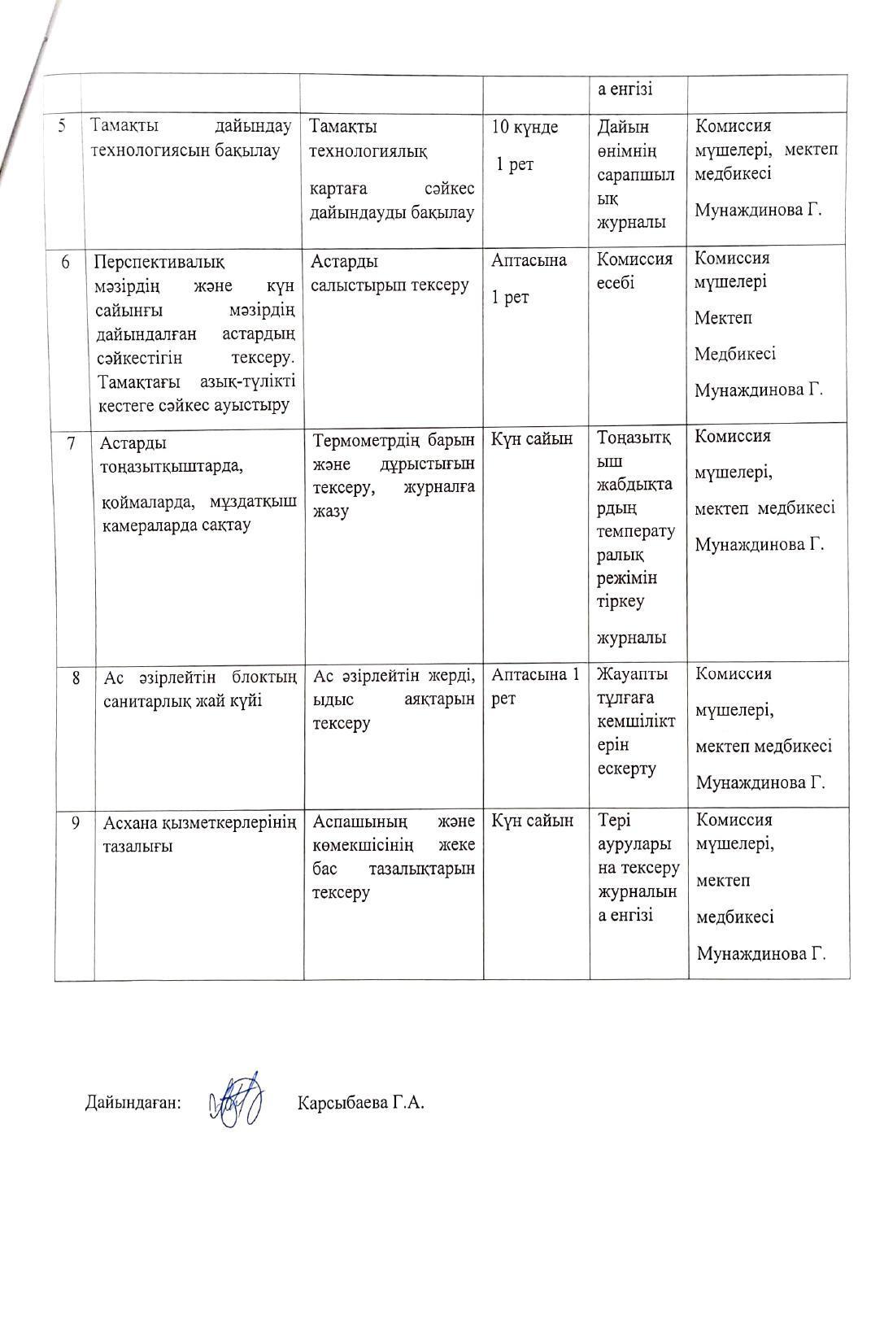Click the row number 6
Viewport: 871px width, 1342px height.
click(67, 261)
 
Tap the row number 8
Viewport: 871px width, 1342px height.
click(75, 676)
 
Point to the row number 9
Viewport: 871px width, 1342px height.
click(75, 822)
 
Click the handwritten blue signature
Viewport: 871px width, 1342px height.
click(236, 1100)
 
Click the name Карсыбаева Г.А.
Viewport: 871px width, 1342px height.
click(361, 1103)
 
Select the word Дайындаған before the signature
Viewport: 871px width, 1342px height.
click(133, 1103)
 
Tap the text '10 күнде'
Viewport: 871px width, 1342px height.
click(525, 127)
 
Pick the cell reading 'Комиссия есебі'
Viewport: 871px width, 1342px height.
click(634, 271)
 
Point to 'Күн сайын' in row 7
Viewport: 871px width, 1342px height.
click(532, 439)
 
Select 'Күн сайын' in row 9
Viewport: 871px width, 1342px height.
click(532, 821)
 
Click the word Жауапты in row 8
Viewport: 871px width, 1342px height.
click(633, 674)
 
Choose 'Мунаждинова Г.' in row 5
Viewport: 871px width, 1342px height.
click(758, 210)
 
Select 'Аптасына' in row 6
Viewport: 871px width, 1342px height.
click(529, 260)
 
